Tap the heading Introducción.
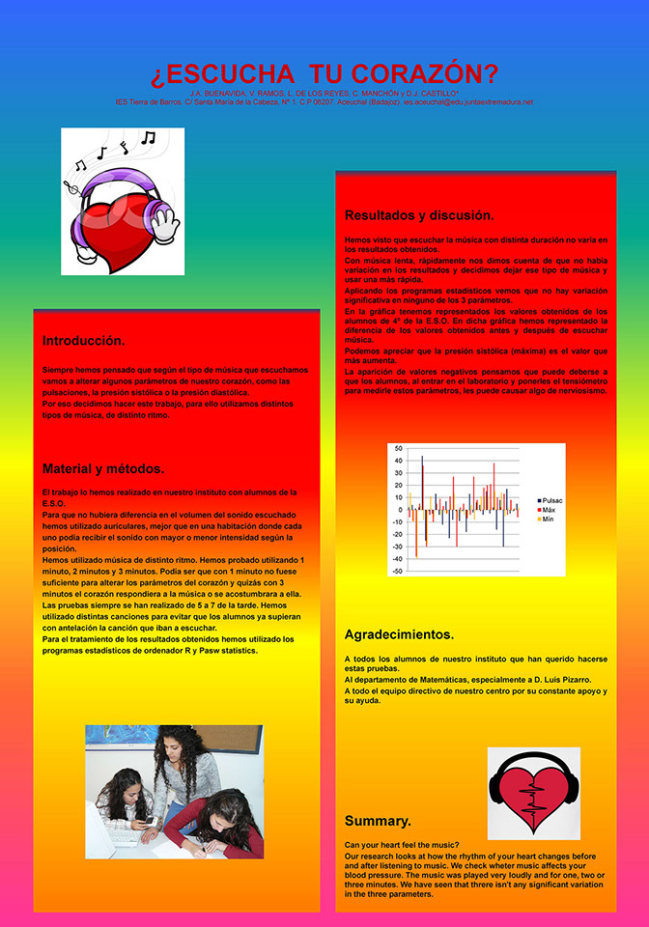83,341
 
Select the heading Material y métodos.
102,468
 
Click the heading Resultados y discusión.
419,214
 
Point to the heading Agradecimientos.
399,634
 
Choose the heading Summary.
378,821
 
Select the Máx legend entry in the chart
548,509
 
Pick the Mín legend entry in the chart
547,519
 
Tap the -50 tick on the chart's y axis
397,571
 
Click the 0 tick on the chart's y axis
400,510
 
